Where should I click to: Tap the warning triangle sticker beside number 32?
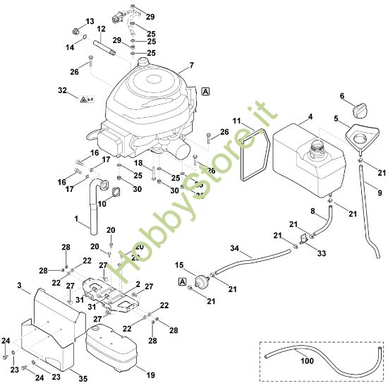(x=84, y=101)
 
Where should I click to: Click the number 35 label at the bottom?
(x=83, y=379)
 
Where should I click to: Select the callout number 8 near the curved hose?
(x=313, y=210)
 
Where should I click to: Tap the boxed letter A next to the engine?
(x=205, y=91)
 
